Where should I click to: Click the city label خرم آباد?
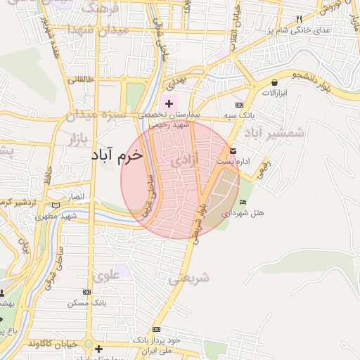[x=117, y=155]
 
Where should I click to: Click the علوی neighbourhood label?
[x=107, y=276]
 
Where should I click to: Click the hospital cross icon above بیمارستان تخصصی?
[x=169, y=104]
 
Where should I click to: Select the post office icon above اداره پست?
[x=233, y=151]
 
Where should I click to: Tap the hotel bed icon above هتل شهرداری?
[x=243, y=202]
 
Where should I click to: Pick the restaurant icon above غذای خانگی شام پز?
[x=298, y=20]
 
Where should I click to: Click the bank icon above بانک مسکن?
[x=86, y=292]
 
